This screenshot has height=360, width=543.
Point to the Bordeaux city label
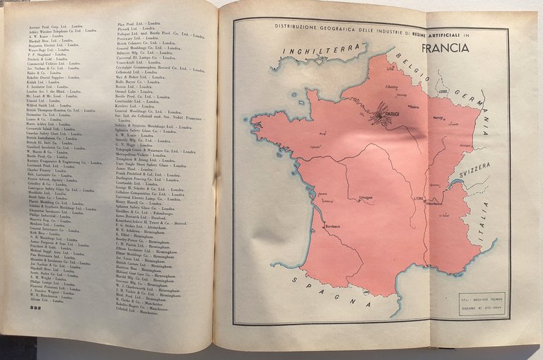334,226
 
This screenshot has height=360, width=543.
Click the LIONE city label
419,199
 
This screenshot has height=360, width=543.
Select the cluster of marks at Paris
382,112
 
